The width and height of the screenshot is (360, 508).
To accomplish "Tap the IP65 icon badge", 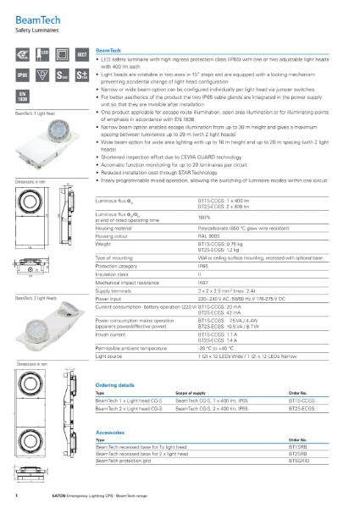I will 23,75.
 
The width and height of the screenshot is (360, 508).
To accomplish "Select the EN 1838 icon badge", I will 23,97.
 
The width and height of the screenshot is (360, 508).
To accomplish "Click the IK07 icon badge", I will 81,56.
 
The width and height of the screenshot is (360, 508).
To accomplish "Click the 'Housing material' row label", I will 118,228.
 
